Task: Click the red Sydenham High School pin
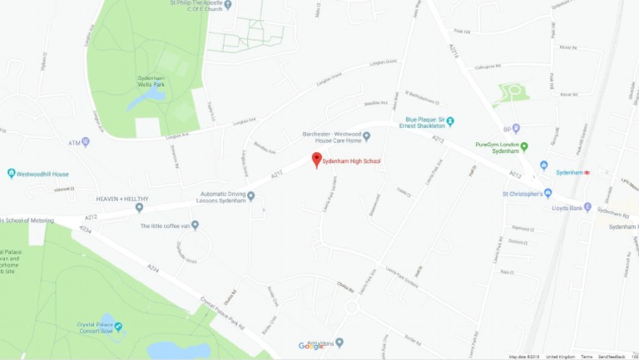(316, 159)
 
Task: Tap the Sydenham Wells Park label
(151, 81)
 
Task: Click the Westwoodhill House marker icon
(12, 174)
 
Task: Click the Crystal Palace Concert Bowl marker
(118, 325)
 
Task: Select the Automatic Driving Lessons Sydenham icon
(250, 196)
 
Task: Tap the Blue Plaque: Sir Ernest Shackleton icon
(450, 121)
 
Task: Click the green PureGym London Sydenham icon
(524, 145)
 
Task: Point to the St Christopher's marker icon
(547, 194)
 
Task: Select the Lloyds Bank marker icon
(587, 207)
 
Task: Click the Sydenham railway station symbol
(587, 172)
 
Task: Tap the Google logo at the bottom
(311, 347)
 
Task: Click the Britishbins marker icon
(339, 342)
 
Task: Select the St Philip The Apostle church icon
(227, 5)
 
